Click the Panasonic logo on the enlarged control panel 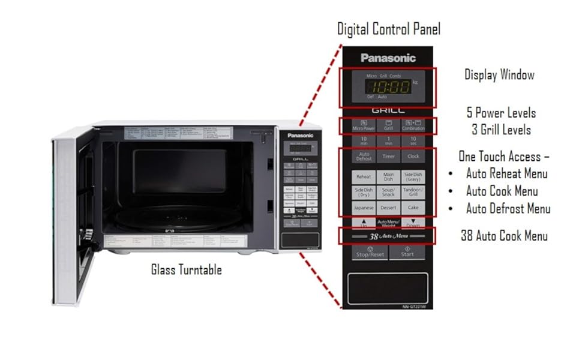coord(388,58)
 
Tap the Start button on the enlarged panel coord(407,252)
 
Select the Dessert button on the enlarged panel coord(388,208)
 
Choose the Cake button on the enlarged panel coord(413,208)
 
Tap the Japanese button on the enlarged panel coord(364,208)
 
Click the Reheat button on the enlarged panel coord(364,177)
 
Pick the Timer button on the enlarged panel coord(388,156)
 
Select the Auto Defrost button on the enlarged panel coord(364,156)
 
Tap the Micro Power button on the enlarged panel coord(364,126)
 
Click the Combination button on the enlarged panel coord(413,126)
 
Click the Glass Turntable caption coord(186,270)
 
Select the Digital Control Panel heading coord(388,28)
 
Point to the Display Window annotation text coord(499,75)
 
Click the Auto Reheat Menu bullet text coord(506,174)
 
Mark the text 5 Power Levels coord(501,113)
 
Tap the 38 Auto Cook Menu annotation coord(504,236)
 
